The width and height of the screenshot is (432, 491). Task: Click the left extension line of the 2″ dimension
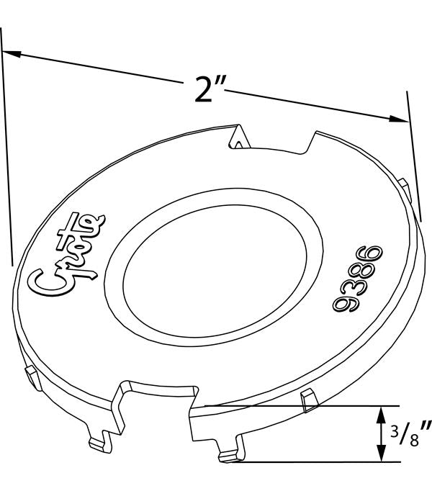(x=6, y=144)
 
